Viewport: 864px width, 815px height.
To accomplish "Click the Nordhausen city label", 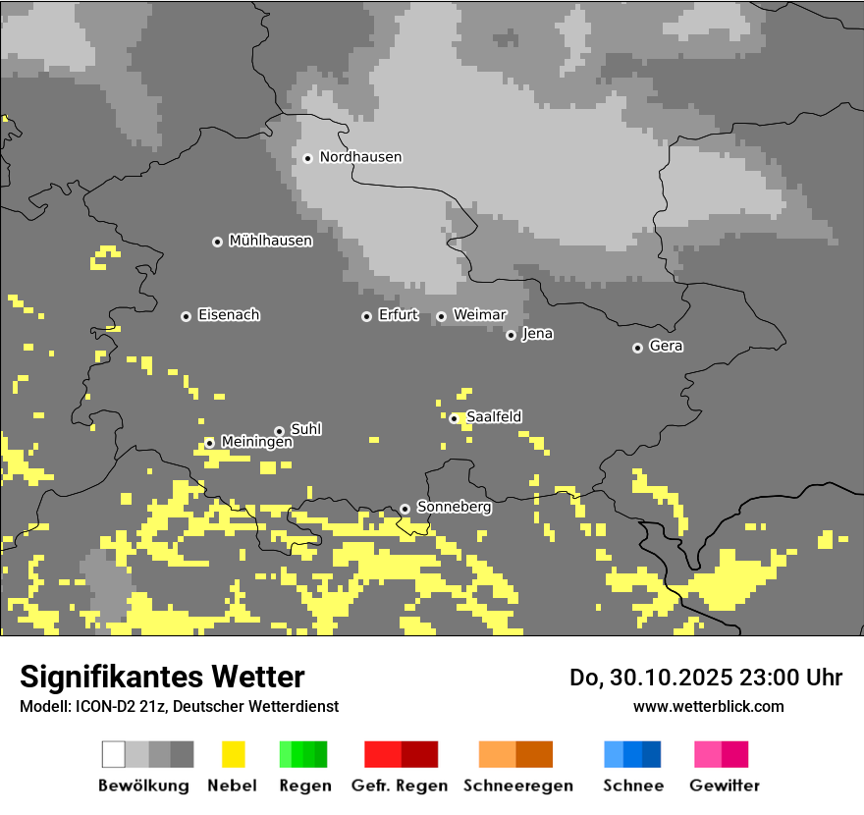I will pyautogui.click(x=360, y=157).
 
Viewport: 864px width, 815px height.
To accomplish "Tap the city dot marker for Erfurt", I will pyautogui.click(x=366, y=316).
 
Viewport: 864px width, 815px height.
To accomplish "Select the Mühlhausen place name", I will pyautogui.click(x=270, y=241).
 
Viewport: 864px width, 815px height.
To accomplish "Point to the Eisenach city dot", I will pyautogui.click(x=186, y=316).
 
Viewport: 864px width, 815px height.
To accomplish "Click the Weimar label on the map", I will pyautogui.click(x=479, y=315).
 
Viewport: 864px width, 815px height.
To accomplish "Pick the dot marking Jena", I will pyautogui.click(x=511, y=335).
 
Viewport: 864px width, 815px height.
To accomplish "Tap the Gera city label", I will pyautogui.click(x=666, y=347).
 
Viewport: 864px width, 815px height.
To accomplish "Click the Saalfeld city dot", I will pyautogui.click(x=454, y=418).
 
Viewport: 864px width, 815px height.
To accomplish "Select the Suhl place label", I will pyautogui.click(x=305, y=429).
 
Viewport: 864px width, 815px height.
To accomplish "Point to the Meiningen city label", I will pyautogui.click(x=256, y=442).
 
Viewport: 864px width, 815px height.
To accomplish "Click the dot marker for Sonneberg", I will pyautogui.click(x=405, y=509).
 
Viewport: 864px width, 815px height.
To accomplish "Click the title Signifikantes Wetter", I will pyautogui.click(x=162, y=677).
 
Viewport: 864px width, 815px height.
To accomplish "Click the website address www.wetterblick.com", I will pyautogui.click(x=708, y=706).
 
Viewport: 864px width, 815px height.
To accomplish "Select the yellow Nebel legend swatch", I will pyautogui.click(x=233, y=754).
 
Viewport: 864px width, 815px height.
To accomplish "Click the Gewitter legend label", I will pyautogui.click(x=724, y=786).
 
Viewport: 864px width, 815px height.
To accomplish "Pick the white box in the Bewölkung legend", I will pyautogui.click(x=114, y=754).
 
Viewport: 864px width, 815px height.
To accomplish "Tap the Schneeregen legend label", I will pyautogui.click(x=517, y=786).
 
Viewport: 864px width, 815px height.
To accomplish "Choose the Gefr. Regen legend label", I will pyautogui.click(x=400, y=786).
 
